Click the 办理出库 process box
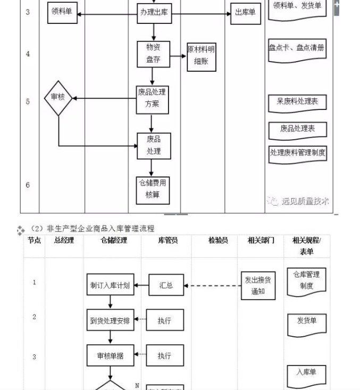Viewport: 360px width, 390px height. click(x=153, y=12)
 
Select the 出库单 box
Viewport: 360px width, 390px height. click(x=245, y=12)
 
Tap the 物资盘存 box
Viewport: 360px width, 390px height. click(x=153, y=54)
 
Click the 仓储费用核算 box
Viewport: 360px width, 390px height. click(x=153, y=189)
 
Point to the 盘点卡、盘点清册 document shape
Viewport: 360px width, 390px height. click(x=297, y=49)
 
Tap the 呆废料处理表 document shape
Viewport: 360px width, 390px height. click(x=297, y=101)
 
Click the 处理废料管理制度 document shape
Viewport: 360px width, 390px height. click(x=297, y=153)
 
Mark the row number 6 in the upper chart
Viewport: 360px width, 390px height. click(x=28, y=185)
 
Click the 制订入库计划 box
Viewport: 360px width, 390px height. click(x=110, y=285)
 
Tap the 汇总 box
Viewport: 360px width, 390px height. click(x=166, y=285)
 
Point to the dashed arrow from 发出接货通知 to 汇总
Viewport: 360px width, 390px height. click(x=213, y=286)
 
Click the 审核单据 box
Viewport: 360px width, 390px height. click(x=110, y=356)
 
